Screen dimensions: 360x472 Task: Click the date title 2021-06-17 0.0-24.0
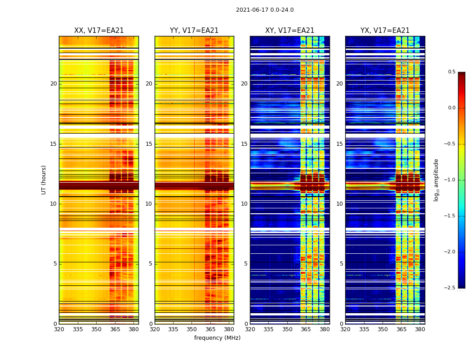[x=265, y=10]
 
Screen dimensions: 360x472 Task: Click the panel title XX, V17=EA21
[x=99, y=31]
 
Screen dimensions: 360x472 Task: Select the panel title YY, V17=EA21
[x=194, y=31]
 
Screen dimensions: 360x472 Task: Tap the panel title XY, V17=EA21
[x=289, y=31]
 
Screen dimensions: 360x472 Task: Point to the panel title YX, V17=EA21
[x=385, y=31]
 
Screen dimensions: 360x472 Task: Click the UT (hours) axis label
[x=44, y=180]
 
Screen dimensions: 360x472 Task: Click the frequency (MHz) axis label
[x=217, y=338]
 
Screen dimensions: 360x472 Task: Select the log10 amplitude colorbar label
[x=436, y=180]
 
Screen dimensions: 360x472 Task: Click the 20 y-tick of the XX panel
[x=53, y=84]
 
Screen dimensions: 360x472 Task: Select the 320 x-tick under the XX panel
[x=59, y=329]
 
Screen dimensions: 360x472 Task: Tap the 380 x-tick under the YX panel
[x=420, y=329]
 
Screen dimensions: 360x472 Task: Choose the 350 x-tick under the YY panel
[x=192, y=329]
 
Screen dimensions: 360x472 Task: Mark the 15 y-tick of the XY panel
[x=244, y=144]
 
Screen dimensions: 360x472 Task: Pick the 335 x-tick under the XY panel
[x=269, y=329]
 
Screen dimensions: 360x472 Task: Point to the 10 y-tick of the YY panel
[x=149, y=204]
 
